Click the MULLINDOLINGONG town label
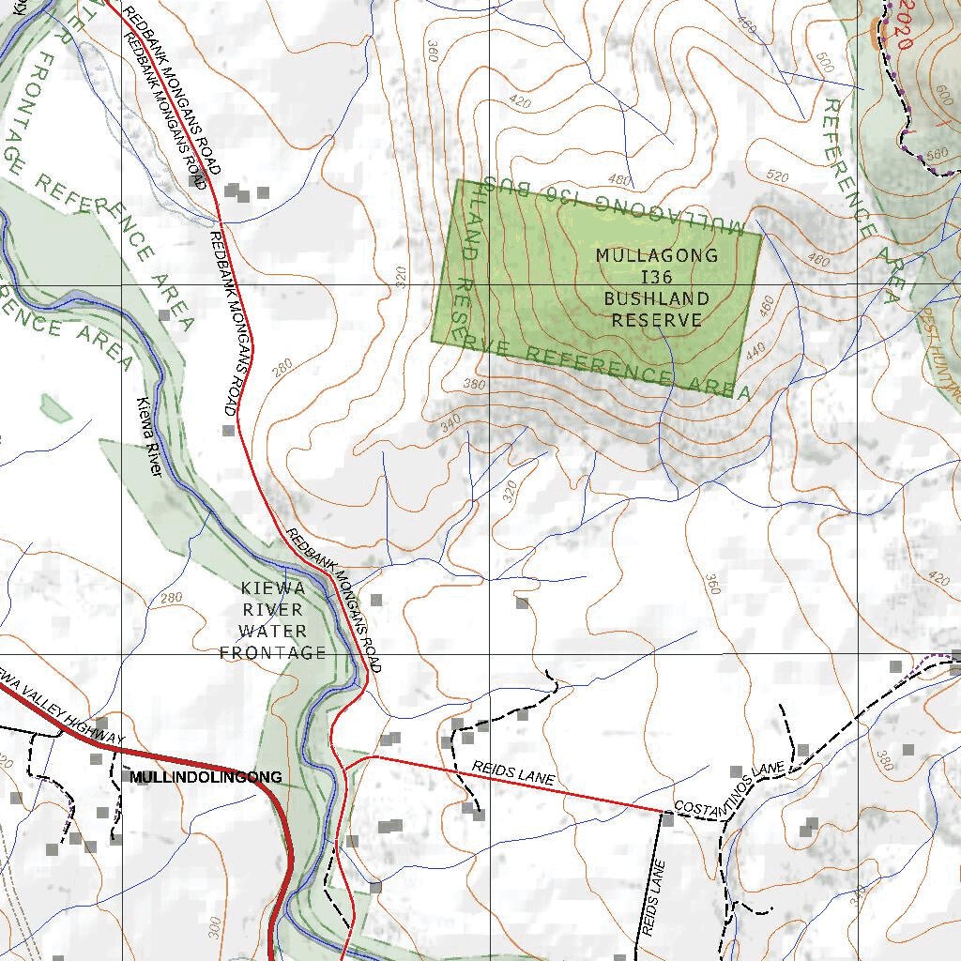point(206,777)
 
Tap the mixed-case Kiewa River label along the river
point(150,438)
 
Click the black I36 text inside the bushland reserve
point(657,277)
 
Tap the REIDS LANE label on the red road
point(513,774)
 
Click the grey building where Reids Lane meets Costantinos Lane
point(667,819)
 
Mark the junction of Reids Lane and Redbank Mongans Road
point(374,755)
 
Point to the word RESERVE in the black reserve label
point(657,320)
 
